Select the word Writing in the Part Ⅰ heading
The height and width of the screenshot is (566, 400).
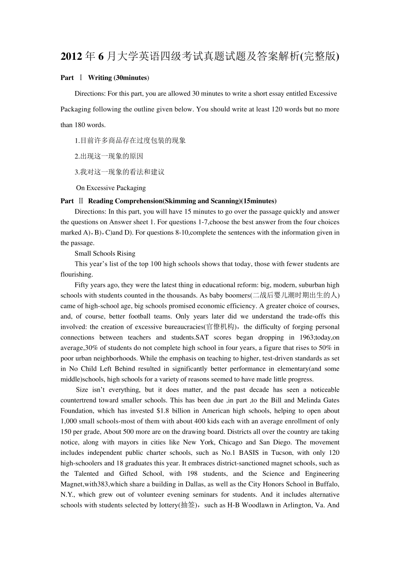coord(100,77)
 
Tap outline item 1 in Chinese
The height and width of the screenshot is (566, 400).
coord(130,141)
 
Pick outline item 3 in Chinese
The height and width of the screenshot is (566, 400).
coord(120,172)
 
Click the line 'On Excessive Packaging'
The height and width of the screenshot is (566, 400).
coord(111,188)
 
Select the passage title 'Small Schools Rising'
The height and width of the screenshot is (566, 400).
coord(105,254)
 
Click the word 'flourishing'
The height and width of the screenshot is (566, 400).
coord(76,275)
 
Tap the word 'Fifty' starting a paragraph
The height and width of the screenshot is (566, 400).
coord(82,285)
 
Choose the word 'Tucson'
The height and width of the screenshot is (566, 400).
coord(282,453)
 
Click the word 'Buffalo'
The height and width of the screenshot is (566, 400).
coord(326,484)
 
